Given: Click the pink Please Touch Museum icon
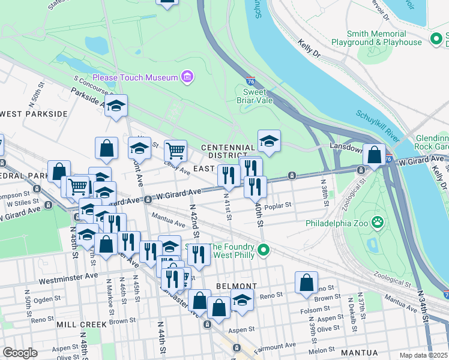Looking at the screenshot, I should tap(188, 77).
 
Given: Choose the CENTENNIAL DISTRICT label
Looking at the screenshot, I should tap(228, 152).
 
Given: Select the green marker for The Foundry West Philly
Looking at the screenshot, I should tap(263, 250).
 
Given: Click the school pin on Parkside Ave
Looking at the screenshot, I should tap(116, 106).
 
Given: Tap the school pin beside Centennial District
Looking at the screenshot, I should tap(269, 142).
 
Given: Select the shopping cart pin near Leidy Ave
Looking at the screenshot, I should tap(175, 151).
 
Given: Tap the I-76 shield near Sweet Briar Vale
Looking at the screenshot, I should tap(250, 80).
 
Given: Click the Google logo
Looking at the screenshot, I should tap(20, 353).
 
